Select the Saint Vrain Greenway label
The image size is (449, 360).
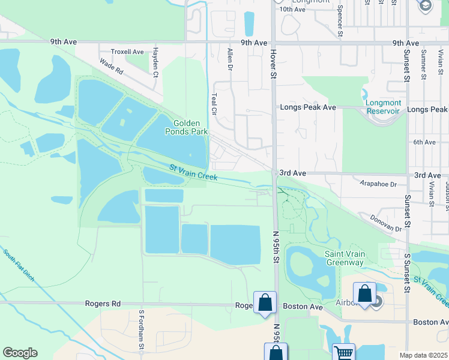pyautogui.click(x=345, y=258)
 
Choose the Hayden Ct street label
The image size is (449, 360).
pyautogui.click(x=155, y=62)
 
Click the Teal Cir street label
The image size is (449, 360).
pyautogui.click(x=214, y=104)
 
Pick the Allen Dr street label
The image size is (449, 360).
pyautogui.click(x=229, y=61)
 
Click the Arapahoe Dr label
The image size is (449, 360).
pyautogui.click(x=376, y=185)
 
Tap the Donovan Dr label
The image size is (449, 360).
pyautogui.click(x=386, y=224)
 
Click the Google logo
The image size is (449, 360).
pyautogui.click(x=20, y=353)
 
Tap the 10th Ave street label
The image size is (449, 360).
pyautogui.click(x=293, y=9)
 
